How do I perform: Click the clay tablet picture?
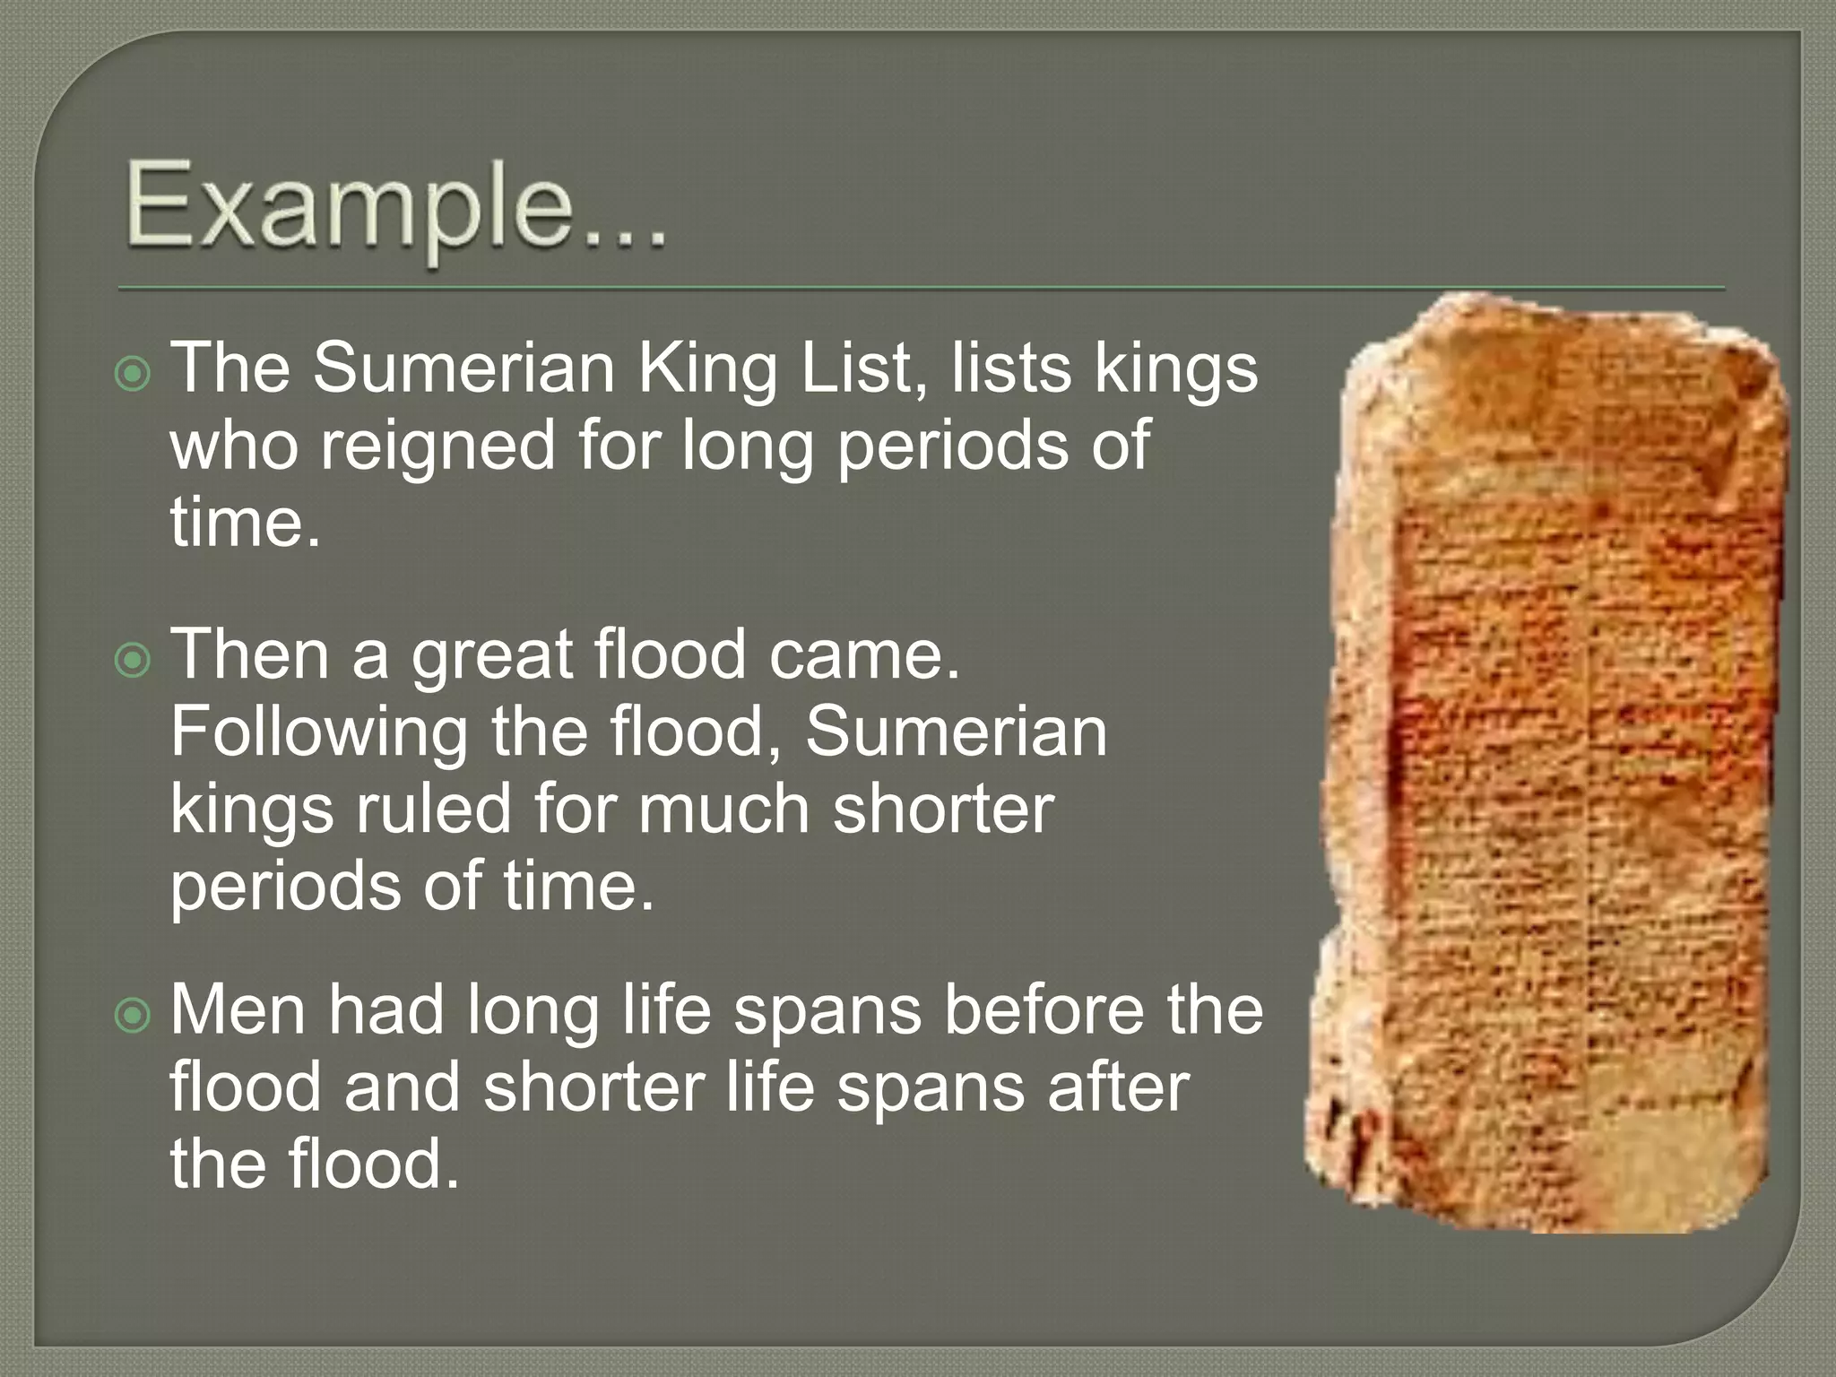[1551, 762]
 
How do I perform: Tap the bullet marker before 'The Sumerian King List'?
[134, 373]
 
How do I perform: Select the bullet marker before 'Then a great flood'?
[134, 660]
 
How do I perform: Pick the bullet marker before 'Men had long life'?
[134, 1015]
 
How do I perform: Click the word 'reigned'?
[438, 446]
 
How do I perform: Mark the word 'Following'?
[318, 734]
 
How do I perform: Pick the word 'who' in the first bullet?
[234, 446]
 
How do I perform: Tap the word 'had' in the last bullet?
[385, 1010]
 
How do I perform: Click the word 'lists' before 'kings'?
[1011, 368]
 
